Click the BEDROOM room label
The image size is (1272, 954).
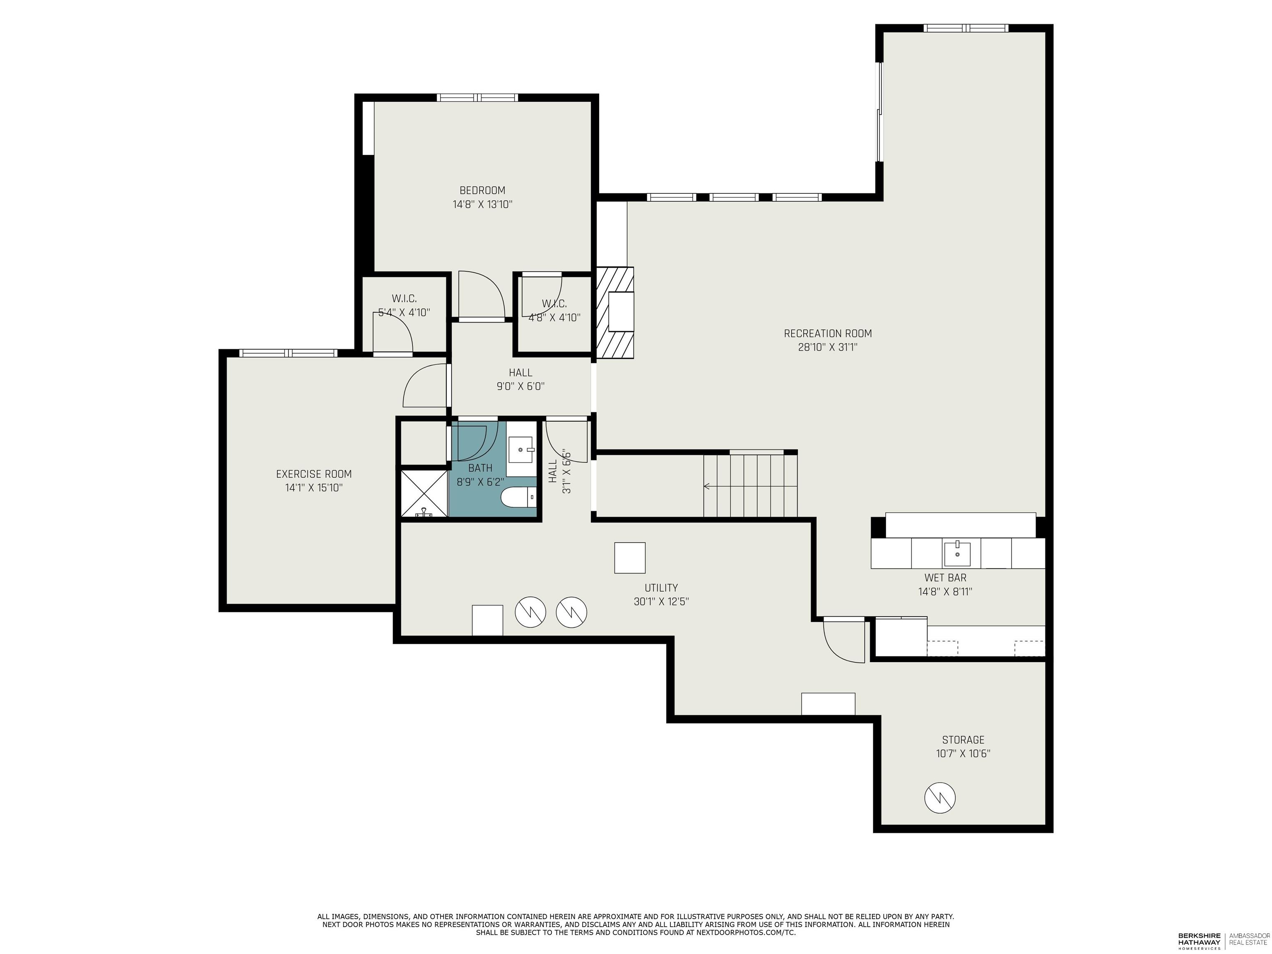pyautogui.click(x=482, y=190)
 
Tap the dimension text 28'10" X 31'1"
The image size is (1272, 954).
pyautogui.click(x=827, y=347)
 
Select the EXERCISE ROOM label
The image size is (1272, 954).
pyautogui.click(x=313, y=474)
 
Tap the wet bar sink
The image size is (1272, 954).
pyautogui.click(x=957, y=553)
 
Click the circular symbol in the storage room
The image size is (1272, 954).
pyautogui.click(x=940, y=797)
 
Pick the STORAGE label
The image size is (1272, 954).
pyautogui.click(x=963, y=740)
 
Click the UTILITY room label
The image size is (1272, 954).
pyautogui.click(x=661, y=588)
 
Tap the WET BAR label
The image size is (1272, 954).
pyautogui.click(x=945, y=577)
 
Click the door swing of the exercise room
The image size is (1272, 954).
pyautogui.click(x=424, y=386)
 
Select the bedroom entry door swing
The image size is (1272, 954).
pyautogui.click(x=481, y=294)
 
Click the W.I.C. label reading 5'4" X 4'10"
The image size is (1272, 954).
pyautogui.click(x=404, y=312)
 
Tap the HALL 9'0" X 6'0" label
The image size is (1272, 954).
pyautogui.click(x=520, y=380)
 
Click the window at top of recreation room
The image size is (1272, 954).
pyautogui.click(x=966, y=28)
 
